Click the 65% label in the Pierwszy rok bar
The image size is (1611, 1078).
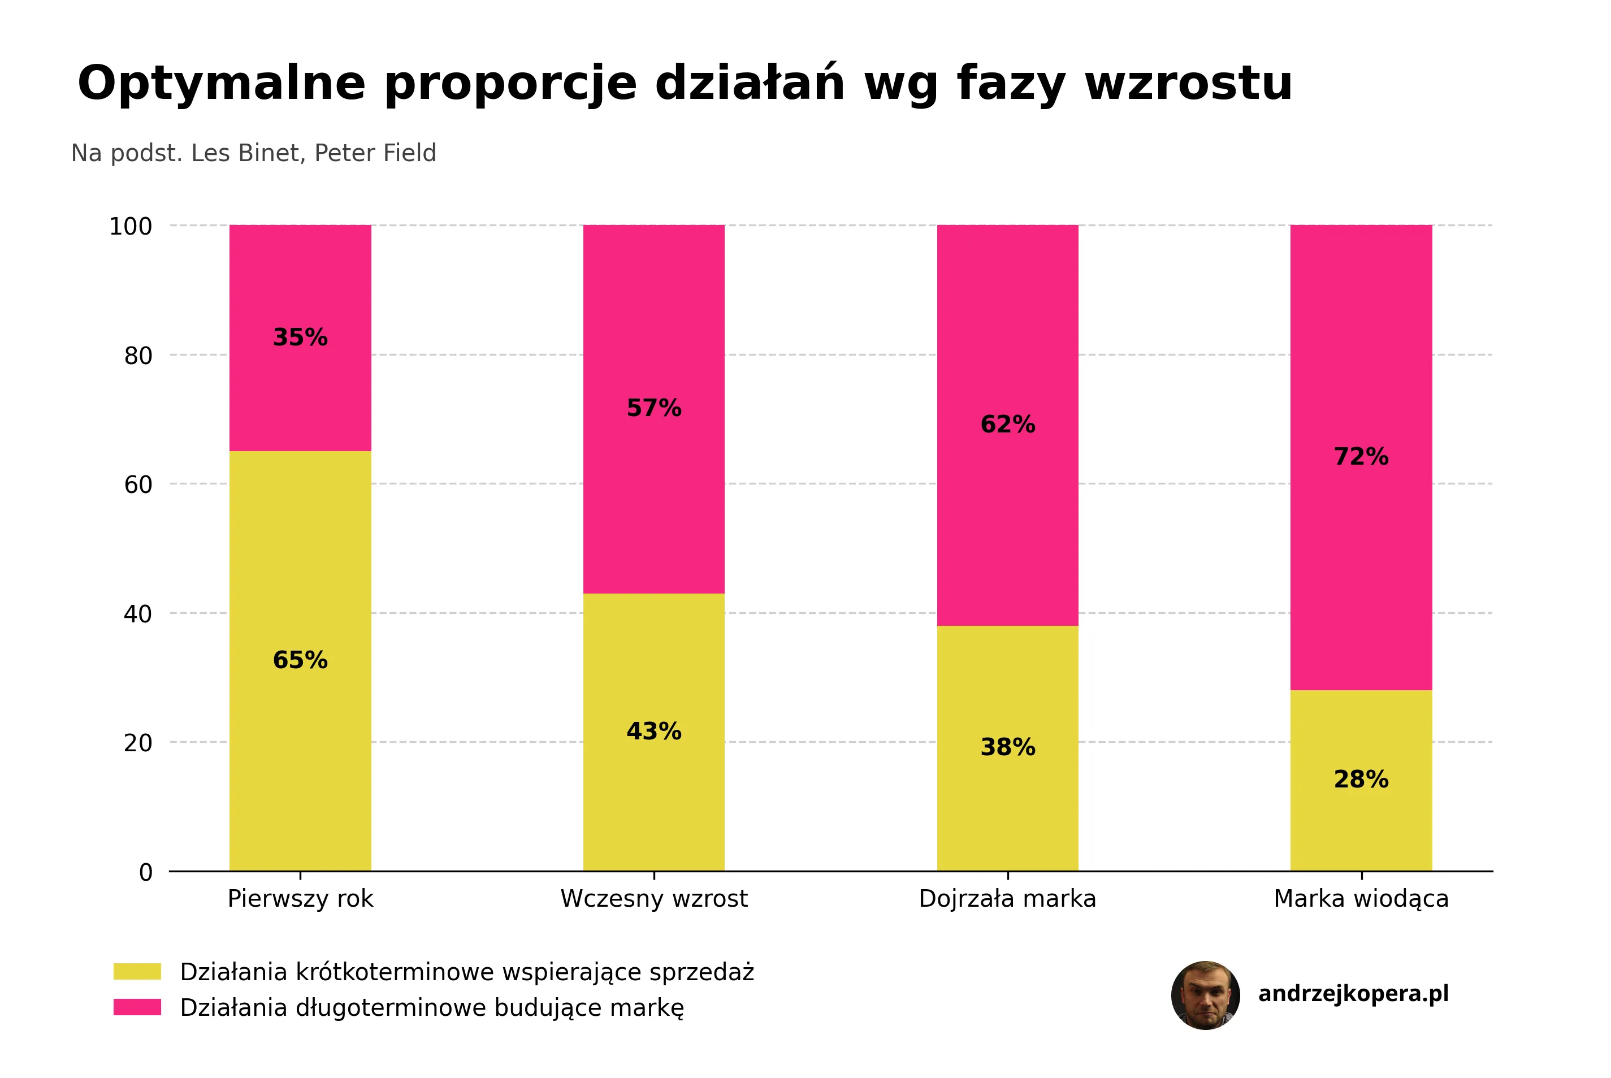click(300, 660)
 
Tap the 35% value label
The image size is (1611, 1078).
click(300, 337)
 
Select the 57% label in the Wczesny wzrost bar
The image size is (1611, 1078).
click(653, 408)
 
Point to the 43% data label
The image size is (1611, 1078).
click(653, 731)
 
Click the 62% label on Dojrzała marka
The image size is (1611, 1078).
click(1007, 424)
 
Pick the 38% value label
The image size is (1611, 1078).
click(1007, 747)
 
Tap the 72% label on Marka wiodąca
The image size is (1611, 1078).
click(1361, 457)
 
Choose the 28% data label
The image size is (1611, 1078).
click(1361, 780)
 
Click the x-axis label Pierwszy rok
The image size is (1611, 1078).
click(300, 899)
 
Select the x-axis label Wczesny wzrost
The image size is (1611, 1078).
click(653, 899)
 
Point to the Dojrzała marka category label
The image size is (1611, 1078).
click(1007, 899)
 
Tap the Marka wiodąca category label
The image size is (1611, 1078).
click(1361, 899)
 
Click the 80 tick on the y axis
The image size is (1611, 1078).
click(138, 356)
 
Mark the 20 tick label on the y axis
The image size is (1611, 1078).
click(138, 742)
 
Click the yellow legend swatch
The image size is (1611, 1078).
click(137, 971)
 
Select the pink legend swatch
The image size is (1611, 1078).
click(137, 1007)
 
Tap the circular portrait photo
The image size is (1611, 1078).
click(1206, 995)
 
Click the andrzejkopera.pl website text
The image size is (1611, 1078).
click(1353, 993)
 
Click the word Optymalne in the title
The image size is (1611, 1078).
click(222, 83)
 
